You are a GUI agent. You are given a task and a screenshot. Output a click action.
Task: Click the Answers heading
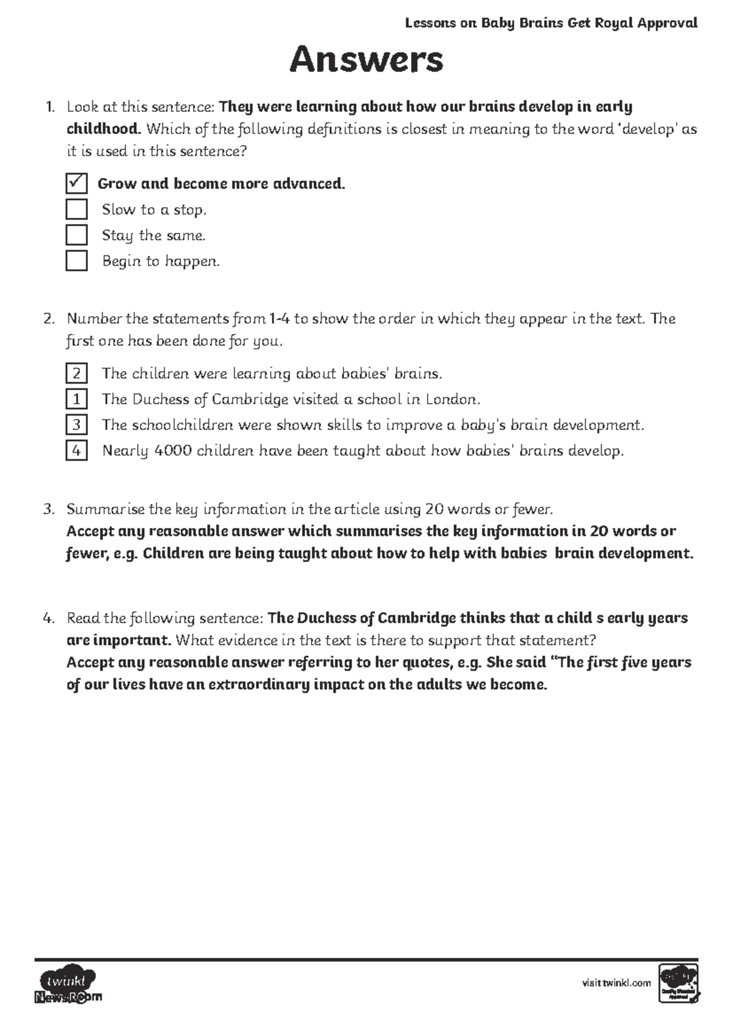(x=366, y=60)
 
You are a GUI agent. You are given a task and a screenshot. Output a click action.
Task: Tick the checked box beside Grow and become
(x=76, y=183)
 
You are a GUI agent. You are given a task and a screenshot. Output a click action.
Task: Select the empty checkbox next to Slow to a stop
(x=76, y=209)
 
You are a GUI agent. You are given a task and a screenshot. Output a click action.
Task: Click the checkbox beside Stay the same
(x=76, y=235)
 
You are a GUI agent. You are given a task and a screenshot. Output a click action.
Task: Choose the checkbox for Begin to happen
(x=76, y=260)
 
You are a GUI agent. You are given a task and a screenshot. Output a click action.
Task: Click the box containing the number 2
(x=76, y=373)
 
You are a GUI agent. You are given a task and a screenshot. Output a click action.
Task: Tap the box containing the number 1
(x=76, y=399)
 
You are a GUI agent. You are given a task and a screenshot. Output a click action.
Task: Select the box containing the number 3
(x=76, y=425)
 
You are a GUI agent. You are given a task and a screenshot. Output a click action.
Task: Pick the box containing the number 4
(x=76, y=451)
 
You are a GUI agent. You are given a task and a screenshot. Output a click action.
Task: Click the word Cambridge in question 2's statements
(x=250, y=399)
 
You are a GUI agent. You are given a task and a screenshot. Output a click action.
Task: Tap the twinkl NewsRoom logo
(x=67, y=985)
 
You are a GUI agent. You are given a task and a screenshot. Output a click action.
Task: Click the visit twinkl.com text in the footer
(x=616, y=983)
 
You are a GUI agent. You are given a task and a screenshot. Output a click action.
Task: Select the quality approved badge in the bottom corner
(x=679, y=983)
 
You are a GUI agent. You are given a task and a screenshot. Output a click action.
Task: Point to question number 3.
(x=49, y=509)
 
